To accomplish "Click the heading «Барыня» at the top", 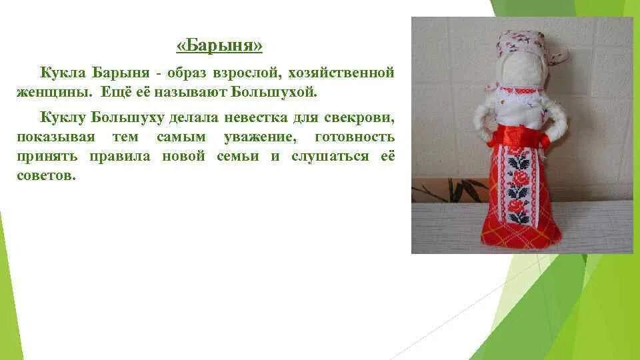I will (219, 46).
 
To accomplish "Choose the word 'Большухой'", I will (281, 90).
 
